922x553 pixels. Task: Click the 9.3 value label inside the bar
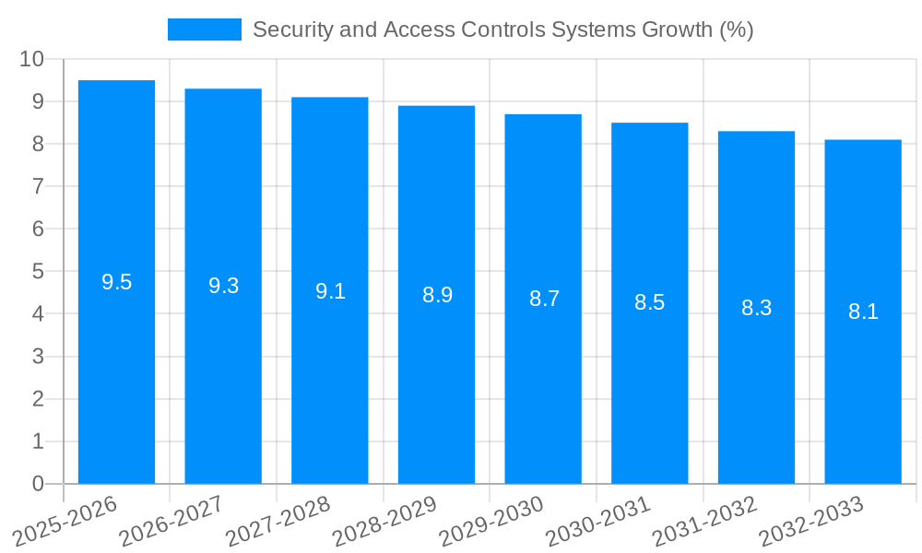(x=223, y=286)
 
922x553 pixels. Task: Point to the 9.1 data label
(x=330, y=291)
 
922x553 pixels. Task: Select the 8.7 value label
(x=544, y=299)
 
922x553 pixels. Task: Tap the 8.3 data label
(x=756, y=308)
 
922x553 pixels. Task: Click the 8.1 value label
(x=863, y=312)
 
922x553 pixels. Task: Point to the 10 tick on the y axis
(x=31, y=59)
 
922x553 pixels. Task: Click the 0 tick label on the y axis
(x=38, y=484)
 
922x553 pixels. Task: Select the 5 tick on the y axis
(x=38, y=271)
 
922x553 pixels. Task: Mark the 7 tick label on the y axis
(x=38, y=186)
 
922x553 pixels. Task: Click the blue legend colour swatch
(x=204, y=29)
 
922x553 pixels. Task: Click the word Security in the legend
(x=286, y=29)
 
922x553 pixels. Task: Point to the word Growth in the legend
(x=677, y=29)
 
